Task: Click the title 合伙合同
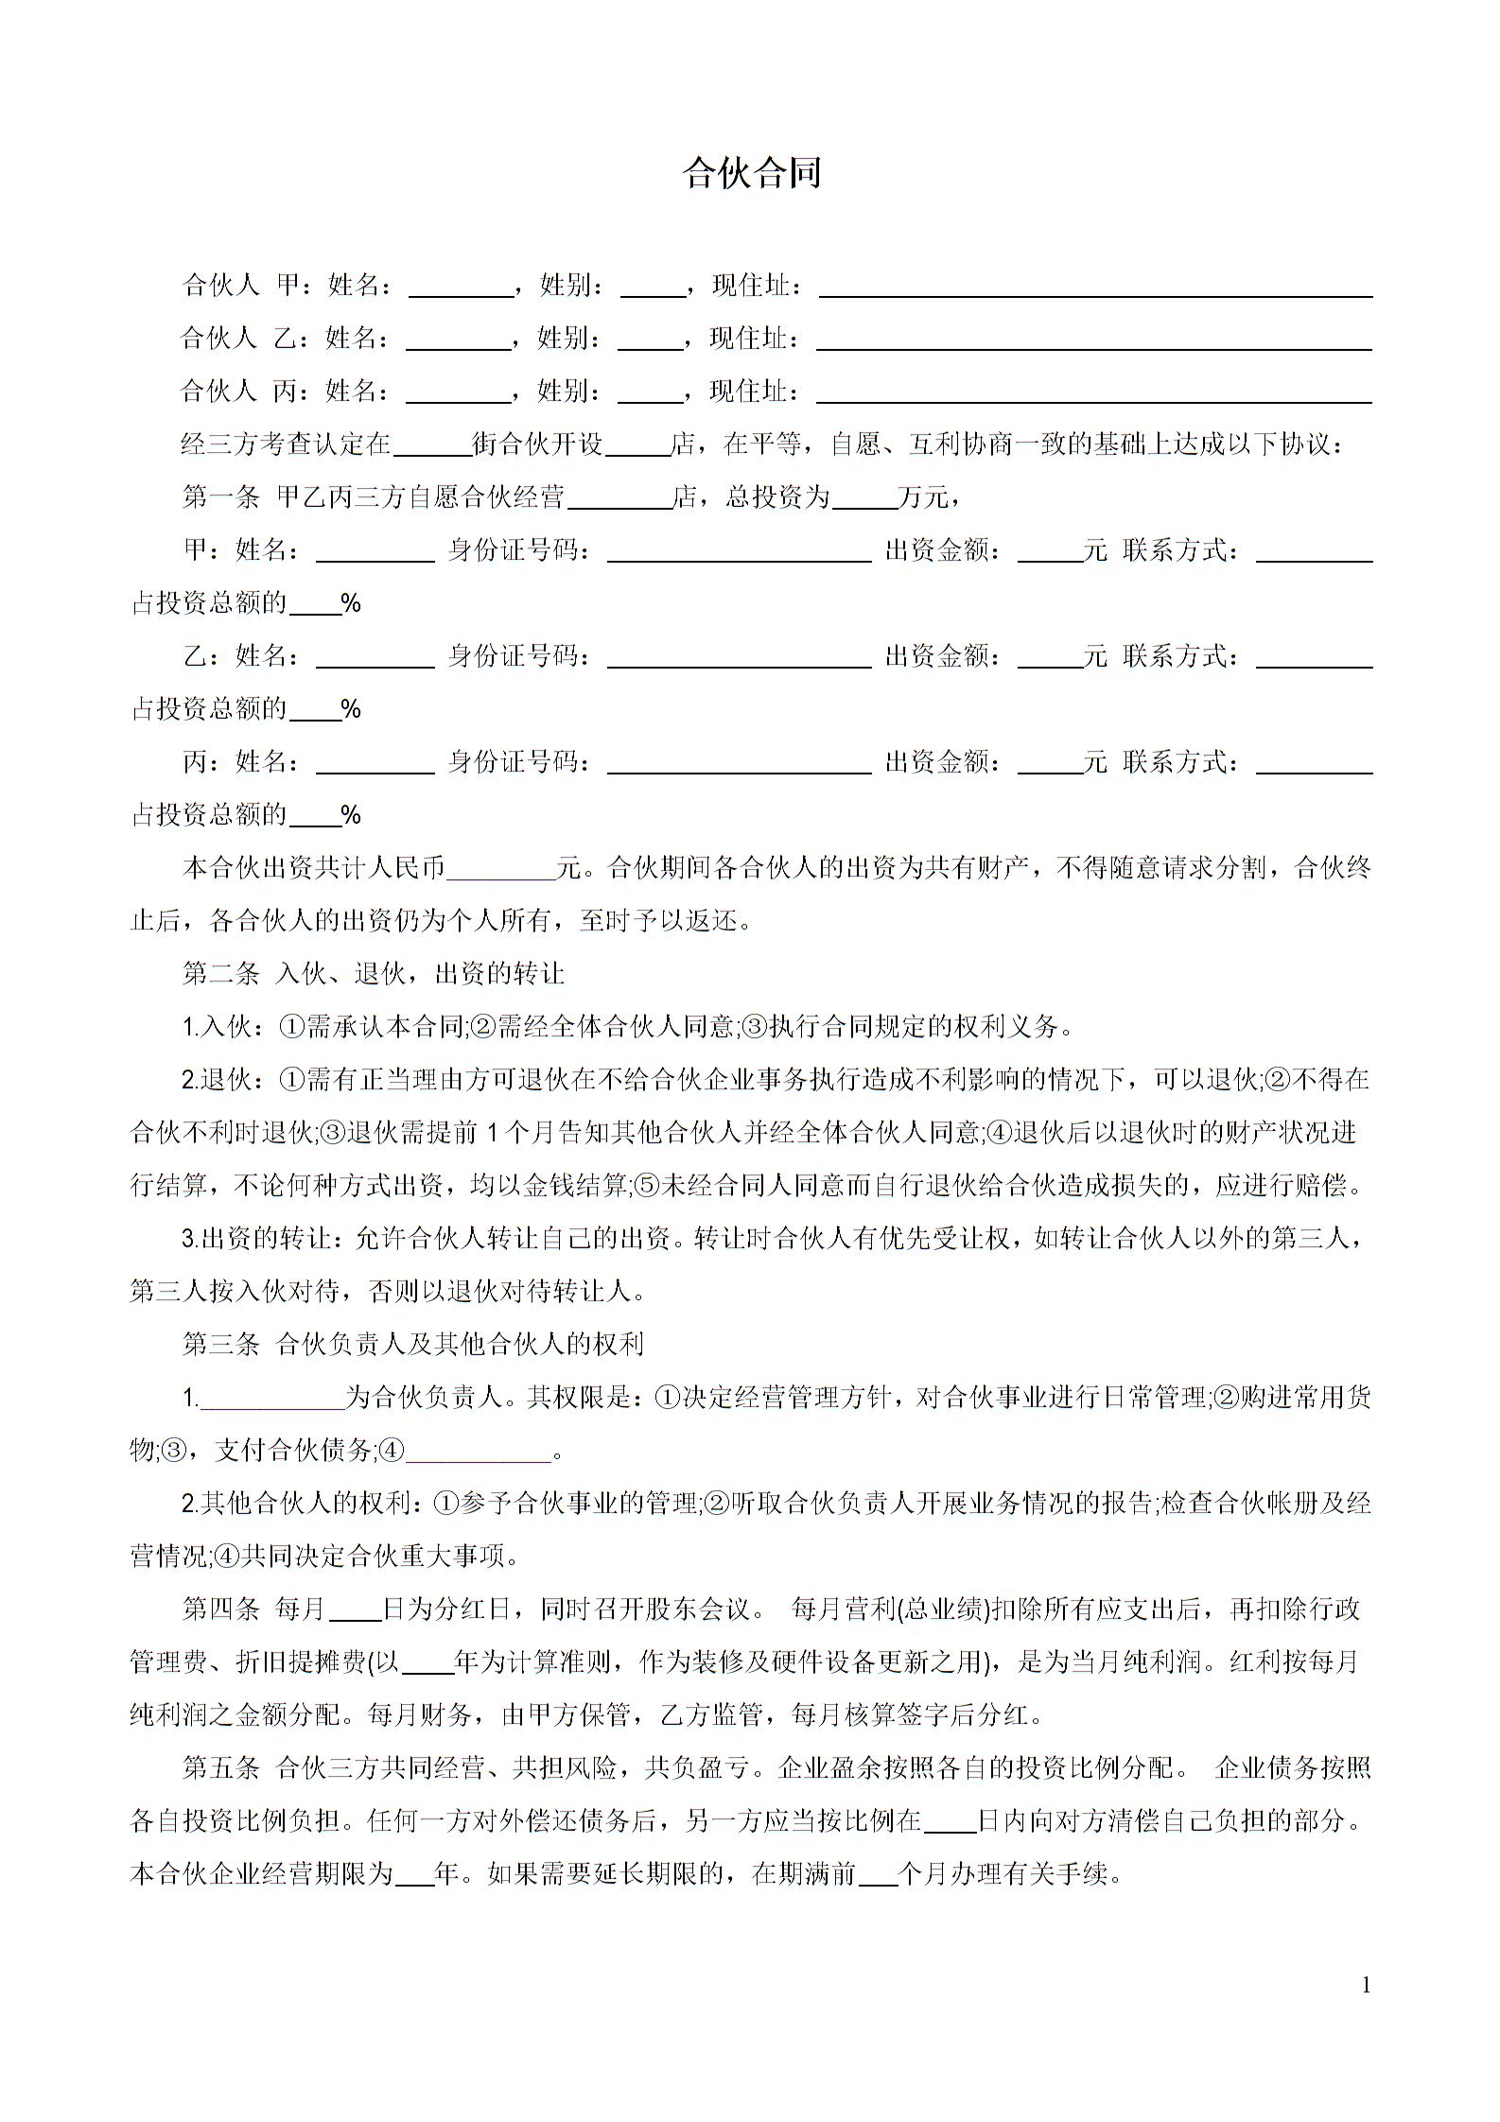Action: [x=752, y=174]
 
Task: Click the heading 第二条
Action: [x=220, y=974]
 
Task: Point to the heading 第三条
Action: [x=220, y=1344]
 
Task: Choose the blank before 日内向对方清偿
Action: [x=950, y=1822]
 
